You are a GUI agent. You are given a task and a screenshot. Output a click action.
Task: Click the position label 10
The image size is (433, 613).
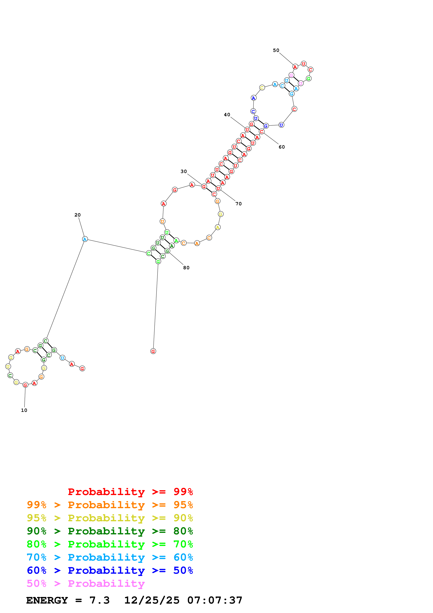coord(24,410)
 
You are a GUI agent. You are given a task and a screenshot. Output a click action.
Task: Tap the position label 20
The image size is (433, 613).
coord(77,215)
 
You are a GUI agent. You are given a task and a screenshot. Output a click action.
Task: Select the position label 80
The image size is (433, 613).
coord(186,268)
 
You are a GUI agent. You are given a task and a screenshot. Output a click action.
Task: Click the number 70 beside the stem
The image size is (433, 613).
coord(239,204)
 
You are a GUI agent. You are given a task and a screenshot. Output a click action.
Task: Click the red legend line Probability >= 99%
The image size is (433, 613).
coord(130,492)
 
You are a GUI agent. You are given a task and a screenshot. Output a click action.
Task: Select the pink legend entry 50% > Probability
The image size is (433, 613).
coord(86,583)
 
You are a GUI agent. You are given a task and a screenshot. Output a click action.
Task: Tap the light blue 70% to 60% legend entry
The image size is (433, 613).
coord(110,557)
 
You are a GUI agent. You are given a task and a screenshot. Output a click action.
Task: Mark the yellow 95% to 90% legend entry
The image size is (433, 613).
coord(110,518)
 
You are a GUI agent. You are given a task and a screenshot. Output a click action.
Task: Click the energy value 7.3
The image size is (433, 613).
coord(99,600)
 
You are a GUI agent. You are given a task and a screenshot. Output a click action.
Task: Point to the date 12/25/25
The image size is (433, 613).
coord(152,600)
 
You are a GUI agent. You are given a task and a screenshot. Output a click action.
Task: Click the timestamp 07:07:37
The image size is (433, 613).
coord(215,600)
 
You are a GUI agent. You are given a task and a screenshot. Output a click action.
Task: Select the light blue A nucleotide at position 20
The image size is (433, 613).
coord(85,239)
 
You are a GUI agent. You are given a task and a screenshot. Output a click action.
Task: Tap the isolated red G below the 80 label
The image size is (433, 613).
coord(153,351)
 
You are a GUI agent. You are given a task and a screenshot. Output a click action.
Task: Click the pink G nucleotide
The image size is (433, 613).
coord(291,75)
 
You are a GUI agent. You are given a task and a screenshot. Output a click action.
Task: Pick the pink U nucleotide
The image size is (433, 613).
coord(301,83)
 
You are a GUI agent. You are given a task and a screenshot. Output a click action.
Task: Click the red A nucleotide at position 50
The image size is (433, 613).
coord(295,67)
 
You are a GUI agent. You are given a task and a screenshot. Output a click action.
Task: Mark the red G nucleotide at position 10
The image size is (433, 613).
coord(25,385)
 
